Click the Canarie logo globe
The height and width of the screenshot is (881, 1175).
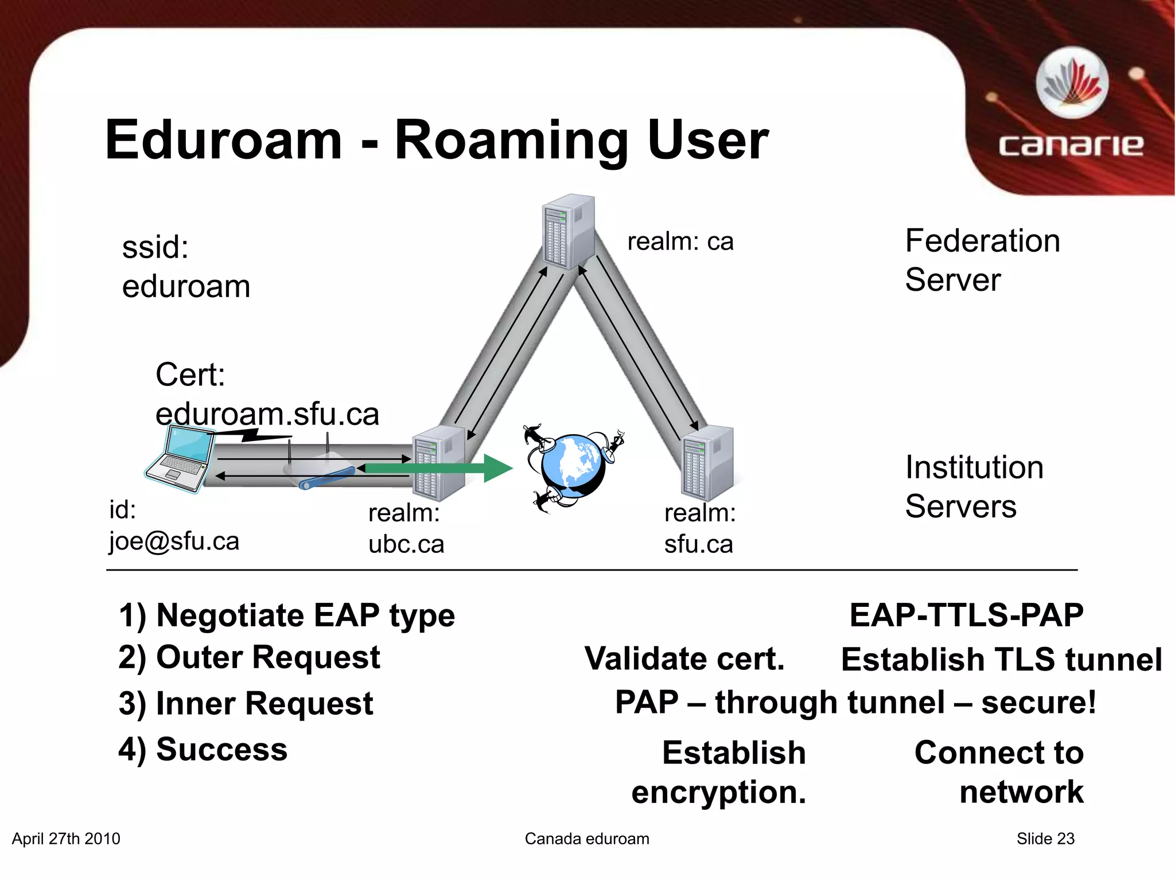[1072, 84]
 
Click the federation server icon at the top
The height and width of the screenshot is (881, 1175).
[568, 231]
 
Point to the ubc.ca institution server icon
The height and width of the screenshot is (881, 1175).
[439, 463]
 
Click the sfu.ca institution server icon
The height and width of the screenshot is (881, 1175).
[707, 463]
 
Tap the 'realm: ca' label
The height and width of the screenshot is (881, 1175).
[680, 241]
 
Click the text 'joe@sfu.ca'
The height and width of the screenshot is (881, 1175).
[174, 541]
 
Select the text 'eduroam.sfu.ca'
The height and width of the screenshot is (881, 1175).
[267, 414]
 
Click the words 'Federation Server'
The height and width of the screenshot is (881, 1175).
[982, 260]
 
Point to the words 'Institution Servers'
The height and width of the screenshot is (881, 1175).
[974, 486]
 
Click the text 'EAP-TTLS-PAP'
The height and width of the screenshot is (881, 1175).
[966, 615]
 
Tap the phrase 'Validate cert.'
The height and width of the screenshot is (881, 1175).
[684, 658]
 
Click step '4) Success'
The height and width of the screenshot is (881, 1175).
[203, 750]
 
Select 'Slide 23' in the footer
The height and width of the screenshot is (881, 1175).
[1045, 839]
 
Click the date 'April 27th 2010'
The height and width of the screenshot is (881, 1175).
[66, 839]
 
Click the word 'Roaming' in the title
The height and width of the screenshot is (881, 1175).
[512, 141]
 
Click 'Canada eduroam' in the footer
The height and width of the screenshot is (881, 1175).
[587, 839]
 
